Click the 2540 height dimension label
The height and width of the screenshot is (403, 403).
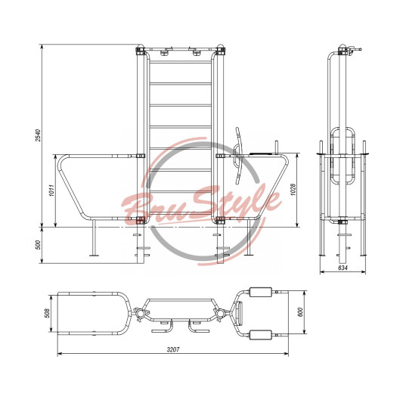[x=38, y=135]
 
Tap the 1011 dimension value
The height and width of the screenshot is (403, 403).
[x=52, y=191]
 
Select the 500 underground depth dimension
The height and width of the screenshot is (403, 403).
[x=38, y=245]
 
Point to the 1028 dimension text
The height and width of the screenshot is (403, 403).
[x=293, y=190]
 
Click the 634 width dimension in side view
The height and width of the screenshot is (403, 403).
[x=343, y=268]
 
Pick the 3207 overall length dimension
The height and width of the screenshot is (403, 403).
[x=173, y=349]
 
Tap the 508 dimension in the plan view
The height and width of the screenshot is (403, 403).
[x=48, y=313]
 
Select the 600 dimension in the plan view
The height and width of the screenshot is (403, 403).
[x=300, y=312]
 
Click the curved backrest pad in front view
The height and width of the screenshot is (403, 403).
[x=238, y=156]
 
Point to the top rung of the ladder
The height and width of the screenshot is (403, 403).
[x=181, y=62]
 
